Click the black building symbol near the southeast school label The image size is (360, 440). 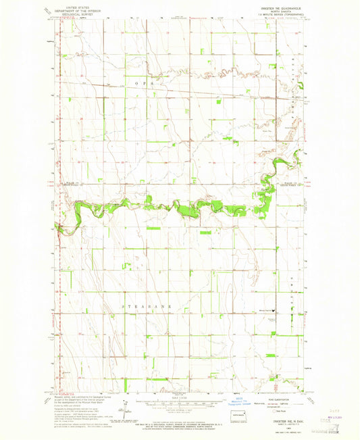(x=276, y=310)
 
